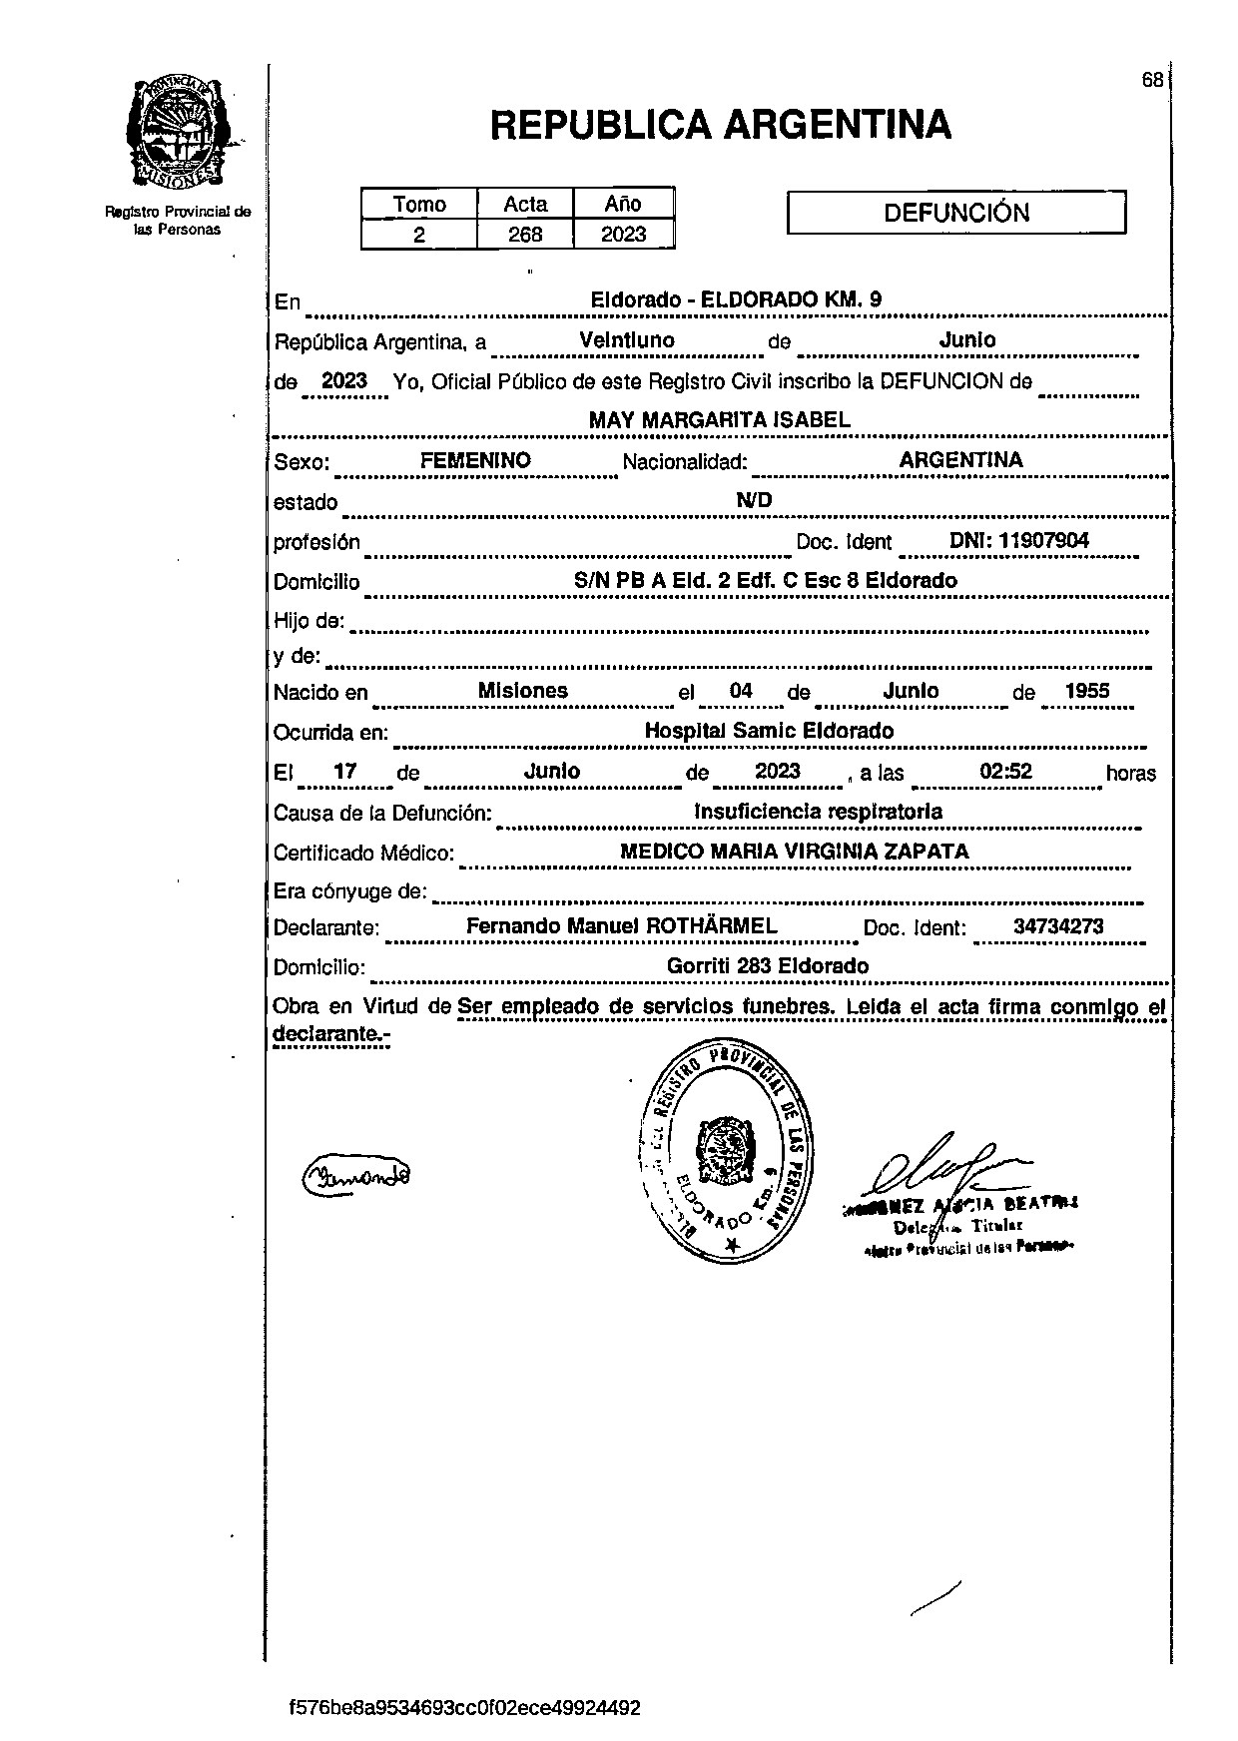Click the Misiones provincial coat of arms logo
(178, 133)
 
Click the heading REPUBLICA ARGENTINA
(720, 125)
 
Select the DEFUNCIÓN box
(956, 213)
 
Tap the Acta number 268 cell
(525, 235)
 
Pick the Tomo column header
(419, 204)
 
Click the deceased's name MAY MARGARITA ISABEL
(719, 420)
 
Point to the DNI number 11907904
(1043, 541)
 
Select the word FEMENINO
(475, 460)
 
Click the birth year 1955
(1087, 691)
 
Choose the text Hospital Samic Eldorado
(769, 731)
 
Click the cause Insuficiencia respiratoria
(818, 811)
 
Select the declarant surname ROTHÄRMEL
(712, 925)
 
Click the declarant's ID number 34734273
(1058, 925)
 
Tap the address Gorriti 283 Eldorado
(767, 965)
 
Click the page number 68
(1152, 81)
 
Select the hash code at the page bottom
(464, 1707)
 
